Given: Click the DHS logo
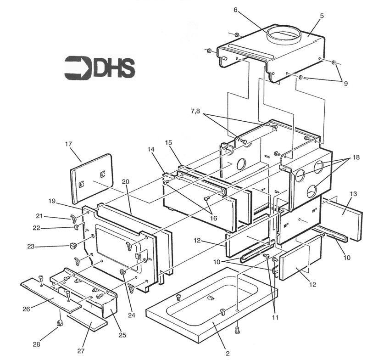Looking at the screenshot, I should pyautogui.click(x=100, y=67).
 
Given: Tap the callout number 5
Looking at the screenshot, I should pyautogui.click(x=322, y=15).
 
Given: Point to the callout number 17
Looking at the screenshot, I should pyautogui.click(x=69, y=144).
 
